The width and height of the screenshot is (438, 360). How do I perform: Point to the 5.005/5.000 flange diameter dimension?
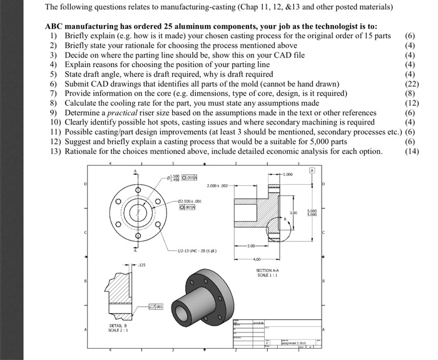(x=322, y=213)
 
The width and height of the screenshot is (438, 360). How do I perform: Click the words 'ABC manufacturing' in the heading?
(x=83, y=28)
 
